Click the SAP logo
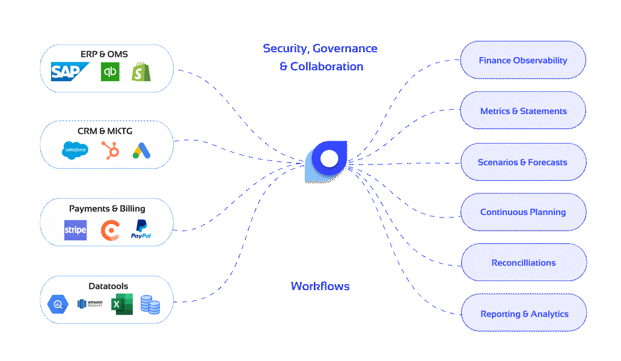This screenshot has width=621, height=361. (x=69, y=72)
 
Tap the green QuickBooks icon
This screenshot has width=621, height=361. (x=110, y=72)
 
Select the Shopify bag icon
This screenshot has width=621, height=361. (x=142, y=72)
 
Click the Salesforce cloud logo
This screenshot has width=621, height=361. (x=75, y=150)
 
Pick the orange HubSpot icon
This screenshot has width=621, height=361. (x=110, y=150)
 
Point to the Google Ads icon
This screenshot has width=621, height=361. (x=142, y=150)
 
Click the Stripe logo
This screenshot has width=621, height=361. (x=75, y=230)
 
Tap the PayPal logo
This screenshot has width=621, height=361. (x=141, y=229)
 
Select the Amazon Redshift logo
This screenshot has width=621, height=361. (x=90, y=305)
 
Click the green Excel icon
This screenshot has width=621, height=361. (x=122, y=305)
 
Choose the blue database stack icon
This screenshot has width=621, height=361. (x=150, y=305)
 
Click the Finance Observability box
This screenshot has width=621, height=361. (x=523, y=60)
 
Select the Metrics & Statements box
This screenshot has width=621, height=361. (x=523, y=111)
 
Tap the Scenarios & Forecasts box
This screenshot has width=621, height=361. (x=523, y=162)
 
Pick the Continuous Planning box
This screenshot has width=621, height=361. (x=523, y=212)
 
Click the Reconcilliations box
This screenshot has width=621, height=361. (x=523, y=262)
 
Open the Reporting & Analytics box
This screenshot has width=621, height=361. (x=523, y=314)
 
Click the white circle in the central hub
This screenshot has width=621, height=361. (x=329, y=159)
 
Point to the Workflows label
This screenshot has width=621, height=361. (x=320, y=287)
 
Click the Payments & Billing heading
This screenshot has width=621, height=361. (x=107, y=208)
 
